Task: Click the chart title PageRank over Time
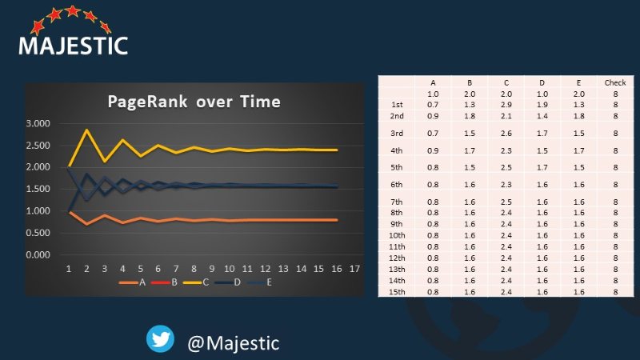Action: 194,102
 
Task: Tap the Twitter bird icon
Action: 161,338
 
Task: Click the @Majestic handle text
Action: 234,343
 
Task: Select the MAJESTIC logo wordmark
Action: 74,46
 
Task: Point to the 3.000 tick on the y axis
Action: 38,123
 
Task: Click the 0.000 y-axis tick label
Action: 38,254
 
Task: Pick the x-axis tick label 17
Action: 354,269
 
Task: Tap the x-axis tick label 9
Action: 211,269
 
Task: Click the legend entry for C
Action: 196,282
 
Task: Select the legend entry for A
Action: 132,282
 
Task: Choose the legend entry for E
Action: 259,282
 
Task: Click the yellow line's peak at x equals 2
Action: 86,130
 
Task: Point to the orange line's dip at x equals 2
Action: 86,224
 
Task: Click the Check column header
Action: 615,83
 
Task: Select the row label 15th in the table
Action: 397,292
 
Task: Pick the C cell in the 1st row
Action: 506,105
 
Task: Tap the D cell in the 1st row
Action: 542,105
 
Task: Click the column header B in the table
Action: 470,83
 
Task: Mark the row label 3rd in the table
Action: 397,134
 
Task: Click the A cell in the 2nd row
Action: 433,116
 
